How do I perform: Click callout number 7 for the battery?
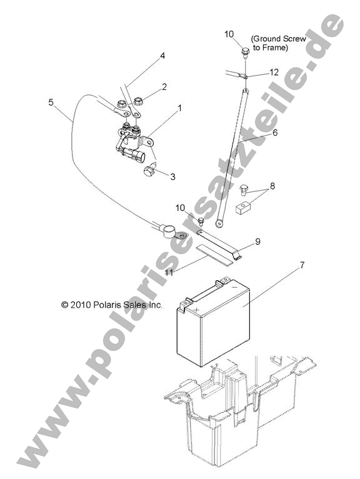point(302,265)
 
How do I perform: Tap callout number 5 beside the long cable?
point(51,102)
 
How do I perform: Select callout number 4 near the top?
point(162,56)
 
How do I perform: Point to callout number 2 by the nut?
point(164,87)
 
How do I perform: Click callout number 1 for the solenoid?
point(179,108)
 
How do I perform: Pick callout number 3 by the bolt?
point(172,176)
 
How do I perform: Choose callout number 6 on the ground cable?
point(275,133)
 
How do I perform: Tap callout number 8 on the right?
point(272,186)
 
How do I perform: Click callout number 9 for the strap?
point(257,241)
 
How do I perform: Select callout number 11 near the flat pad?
point(169,273)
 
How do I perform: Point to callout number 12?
point(274,72)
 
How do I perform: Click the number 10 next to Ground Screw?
point(229,34)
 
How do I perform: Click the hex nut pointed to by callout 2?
point(139,101)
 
